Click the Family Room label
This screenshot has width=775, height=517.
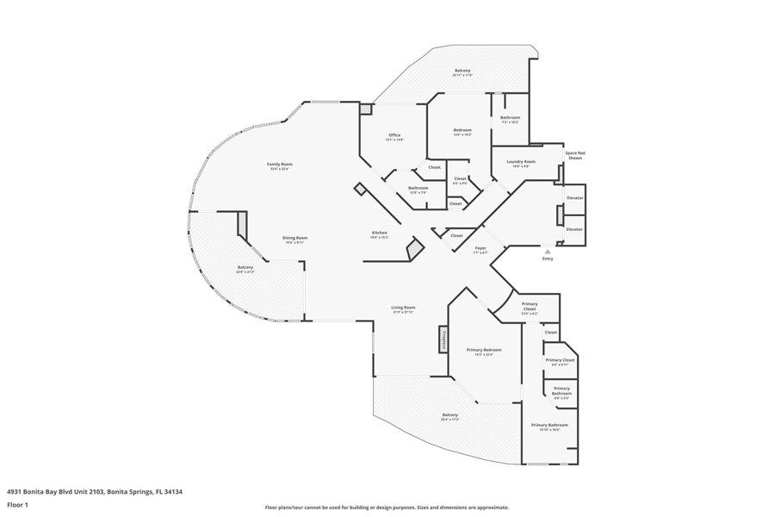click(x=279, y=165)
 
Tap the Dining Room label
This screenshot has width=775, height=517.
click(x=296, y=239)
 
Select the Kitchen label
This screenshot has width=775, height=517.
click(x=380, y=233)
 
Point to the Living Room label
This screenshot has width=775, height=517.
click(x=403, y=308)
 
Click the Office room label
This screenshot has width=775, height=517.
click(x=394, y=135)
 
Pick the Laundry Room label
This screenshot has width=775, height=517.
click(x=521, y=162)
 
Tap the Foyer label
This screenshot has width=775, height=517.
click(x=480, y=249)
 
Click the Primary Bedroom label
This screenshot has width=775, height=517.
click(x=483, y=350)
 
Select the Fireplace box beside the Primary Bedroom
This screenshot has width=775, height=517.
click(x=443, y=339)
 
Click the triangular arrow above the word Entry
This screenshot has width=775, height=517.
click(x=548, y=252)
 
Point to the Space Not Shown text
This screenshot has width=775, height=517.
click(x=574, y=156)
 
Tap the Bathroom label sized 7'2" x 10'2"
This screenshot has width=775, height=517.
click(x=510, y=118)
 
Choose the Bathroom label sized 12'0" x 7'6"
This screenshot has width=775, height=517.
click(x=418, y=188)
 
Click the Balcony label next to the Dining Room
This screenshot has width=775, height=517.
click(x=245, y=268)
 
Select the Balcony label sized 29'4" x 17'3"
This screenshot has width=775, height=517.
click(x=449, y=415)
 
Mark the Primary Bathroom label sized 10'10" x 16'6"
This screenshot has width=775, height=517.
click(x=549, y=426)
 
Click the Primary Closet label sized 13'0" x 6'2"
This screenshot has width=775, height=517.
click(x=529, y=306)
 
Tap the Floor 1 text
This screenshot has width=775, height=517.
click(x=18, y=505)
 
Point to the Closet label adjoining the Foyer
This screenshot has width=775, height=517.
click(x=456, y=235)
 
